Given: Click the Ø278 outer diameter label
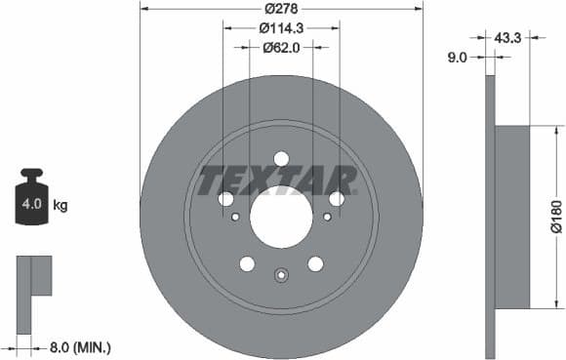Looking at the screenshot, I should pyautogui.click(x=281, y=9).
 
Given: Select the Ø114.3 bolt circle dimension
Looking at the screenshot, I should pyautogui.click(x=281, y=28).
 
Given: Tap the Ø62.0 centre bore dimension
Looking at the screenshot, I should pyautogui.click(x=281, y=48).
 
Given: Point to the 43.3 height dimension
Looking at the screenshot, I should pyautogui.click(x=506, y=37).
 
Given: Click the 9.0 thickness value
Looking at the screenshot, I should pyautogui.click(x=454, y=58).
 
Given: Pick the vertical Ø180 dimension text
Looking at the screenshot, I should pyautogui.click(x=555, y=217).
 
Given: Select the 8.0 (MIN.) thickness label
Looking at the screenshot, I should pyautogui.click(x=80, y=345).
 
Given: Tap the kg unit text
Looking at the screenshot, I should pyautogui.click(x=61, y=206).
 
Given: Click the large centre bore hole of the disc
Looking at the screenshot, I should pyautogui.click(x=281, y=217).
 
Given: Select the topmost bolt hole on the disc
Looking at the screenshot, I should pyautogui.click(x=281, y=159).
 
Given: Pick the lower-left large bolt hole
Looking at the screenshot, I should pyautogui.click(x=247, y=263).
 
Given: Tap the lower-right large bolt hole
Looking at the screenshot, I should pyautogui.click(x=315, y=263).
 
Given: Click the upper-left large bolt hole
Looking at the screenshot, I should pyautogui.click(x=226, y=199).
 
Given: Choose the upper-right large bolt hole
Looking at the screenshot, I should pyautogui.click(x=337, y=199).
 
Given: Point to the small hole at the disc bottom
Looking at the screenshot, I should pyautogui.click(x=281, y=274).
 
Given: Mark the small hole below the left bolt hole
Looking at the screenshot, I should pyautogui.click(x=235, y=217).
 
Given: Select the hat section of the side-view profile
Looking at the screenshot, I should pyautogui.click(x=512, y=217).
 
